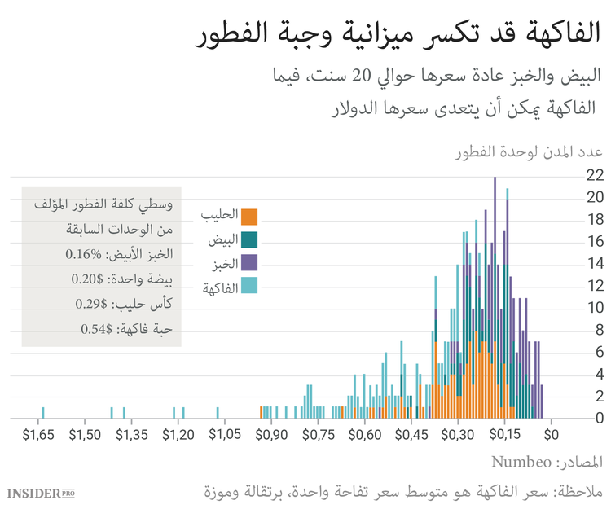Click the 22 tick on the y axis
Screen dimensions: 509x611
(595, 174)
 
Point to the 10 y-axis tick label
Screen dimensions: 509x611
(595, 308)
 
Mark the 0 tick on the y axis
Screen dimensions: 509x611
(597, 419)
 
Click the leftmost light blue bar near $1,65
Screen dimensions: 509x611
(43, 413)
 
